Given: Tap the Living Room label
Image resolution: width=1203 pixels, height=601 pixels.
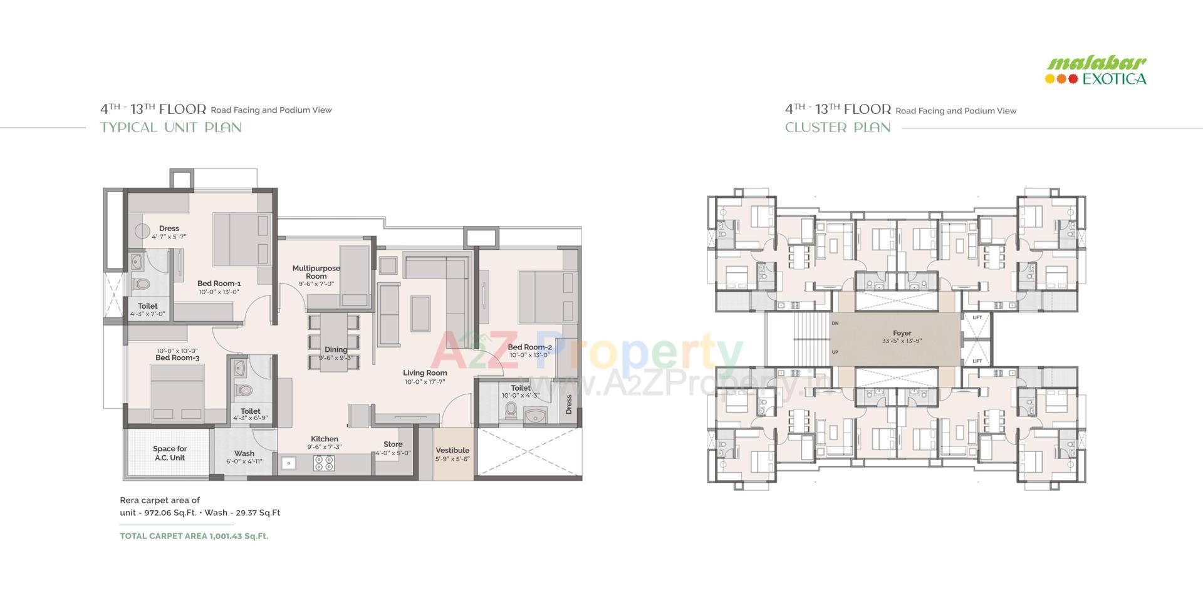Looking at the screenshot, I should click(x=425, y=373).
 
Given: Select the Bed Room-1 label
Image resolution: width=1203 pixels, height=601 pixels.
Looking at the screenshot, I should click(x=219, y=284).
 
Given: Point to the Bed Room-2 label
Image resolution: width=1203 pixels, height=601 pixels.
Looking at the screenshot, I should click(x=529, y=347).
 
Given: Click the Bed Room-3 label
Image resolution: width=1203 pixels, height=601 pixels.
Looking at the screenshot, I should click(x=177, y=358).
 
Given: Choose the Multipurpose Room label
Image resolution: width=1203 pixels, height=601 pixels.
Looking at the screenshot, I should click(x=316, y=272).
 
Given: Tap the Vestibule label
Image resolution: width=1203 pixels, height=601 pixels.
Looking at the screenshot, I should click(x=452, y=450).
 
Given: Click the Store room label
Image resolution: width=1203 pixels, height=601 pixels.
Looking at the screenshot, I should click(x=393, y=444).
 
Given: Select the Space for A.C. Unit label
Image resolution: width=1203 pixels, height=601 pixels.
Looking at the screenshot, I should click(x=170, y=453).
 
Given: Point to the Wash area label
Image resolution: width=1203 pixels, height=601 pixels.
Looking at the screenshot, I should click(x=244, y=454).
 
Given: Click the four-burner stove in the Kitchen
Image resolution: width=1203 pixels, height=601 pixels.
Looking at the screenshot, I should click(x=324, y=463).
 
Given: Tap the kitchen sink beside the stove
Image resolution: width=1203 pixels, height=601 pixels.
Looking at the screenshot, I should click(x=288, y=463).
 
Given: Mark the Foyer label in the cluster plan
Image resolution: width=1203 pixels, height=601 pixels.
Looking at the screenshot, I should click(x=902, y=334).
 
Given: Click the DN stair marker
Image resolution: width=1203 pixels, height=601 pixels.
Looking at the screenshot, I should click(x=835, y=324).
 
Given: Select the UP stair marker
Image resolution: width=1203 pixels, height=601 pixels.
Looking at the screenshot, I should click(x=835, y=352).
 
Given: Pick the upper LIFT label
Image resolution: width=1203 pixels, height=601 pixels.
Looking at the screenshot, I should click(x=977, y=318).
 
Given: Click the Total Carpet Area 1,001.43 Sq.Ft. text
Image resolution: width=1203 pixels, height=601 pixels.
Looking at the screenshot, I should click(x=194, y=536).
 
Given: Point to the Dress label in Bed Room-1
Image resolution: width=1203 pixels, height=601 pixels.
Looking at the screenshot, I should click(x=169, y=229).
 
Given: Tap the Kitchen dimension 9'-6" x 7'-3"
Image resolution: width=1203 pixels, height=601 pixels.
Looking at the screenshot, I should click(x=324, y=447).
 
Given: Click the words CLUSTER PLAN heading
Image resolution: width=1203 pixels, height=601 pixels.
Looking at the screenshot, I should click(x=838, y=128).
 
